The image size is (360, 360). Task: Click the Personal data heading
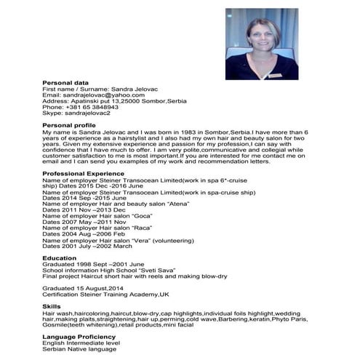tap(65, 84)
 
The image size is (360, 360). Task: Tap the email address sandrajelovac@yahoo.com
tap(94, 95)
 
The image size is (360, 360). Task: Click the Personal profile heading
tap(69, 125)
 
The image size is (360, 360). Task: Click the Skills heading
tap(52, 306)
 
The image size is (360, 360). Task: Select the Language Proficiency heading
tap(79, 337)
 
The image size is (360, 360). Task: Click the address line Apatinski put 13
tap(116, 101)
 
